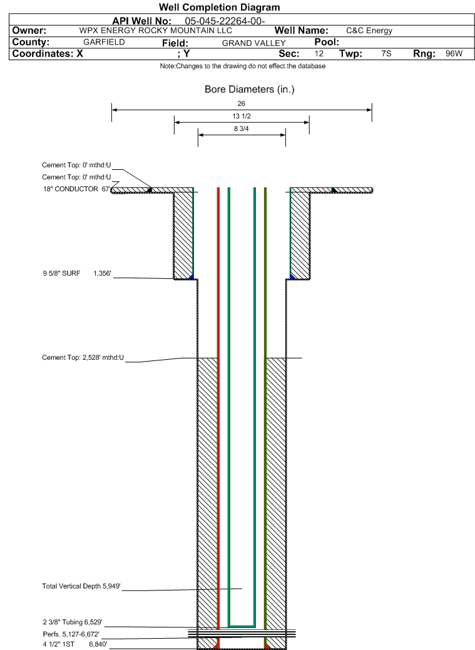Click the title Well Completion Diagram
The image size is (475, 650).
(219, 7)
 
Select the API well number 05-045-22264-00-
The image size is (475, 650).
(225, 21)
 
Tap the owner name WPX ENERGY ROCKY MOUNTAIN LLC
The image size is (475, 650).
(156, 31)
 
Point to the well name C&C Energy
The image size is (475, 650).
(369, 31)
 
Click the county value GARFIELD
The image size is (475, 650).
(104, 42)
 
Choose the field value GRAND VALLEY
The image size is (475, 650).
(253, 43)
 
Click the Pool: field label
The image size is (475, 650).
(327, 42)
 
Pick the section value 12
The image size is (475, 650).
(319, 53)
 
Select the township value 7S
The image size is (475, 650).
(386, 53)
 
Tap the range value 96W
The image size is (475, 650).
(454, 53)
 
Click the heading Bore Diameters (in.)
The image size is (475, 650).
(250, 90)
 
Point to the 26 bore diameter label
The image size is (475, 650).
(241, 103)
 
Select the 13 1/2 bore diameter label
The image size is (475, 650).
(241, 116)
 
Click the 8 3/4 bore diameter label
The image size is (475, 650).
(241, 128)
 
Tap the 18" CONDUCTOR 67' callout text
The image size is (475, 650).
(77, 189)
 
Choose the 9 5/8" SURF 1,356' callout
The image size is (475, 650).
(77, 273)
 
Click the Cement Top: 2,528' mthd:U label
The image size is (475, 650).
(83, 357)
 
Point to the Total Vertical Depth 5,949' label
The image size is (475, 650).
(81, 586)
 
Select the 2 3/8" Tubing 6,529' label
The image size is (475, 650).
(73, 622)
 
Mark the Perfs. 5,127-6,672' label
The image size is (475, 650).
(71, 634)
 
